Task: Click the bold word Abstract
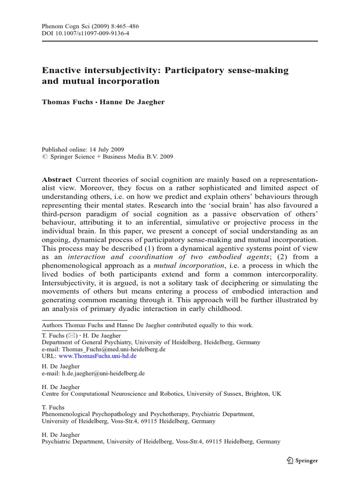[x=57, y=180]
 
